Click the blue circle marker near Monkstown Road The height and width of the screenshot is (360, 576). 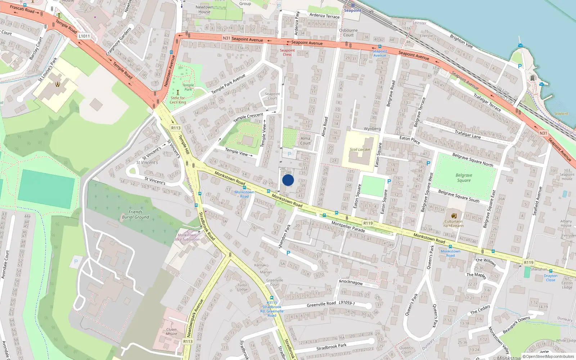point(288,180)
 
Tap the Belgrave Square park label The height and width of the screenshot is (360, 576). point(464,178)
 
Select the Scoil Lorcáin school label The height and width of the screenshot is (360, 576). point(360,149)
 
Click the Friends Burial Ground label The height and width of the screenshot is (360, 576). point(135,215)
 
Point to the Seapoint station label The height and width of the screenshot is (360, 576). point(352,10)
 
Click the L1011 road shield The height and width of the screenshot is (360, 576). point(84,36)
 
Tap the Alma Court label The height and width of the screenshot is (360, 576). point(305,141)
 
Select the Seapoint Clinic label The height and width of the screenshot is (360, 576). point(287,53)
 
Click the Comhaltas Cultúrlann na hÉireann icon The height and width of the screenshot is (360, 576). point(454,216)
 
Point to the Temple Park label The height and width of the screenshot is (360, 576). point(188,87)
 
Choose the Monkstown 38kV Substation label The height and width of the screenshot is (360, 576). point(187,237)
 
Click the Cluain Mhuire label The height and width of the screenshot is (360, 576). point(171,332)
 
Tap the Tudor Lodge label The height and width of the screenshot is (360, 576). point(242,287)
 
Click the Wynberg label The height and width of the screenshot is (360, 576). point(372,129)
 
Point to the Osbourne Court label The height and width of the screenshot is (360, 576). point(348,33)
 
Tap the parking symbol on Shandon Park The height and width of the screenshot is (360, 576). point(288,253)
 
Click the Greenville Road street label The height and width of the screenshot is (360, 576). point(321,304)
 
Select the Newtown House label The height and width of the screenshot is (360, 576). point(204,9)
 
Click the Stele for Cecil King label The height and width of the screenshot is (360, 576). point(178,100)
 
